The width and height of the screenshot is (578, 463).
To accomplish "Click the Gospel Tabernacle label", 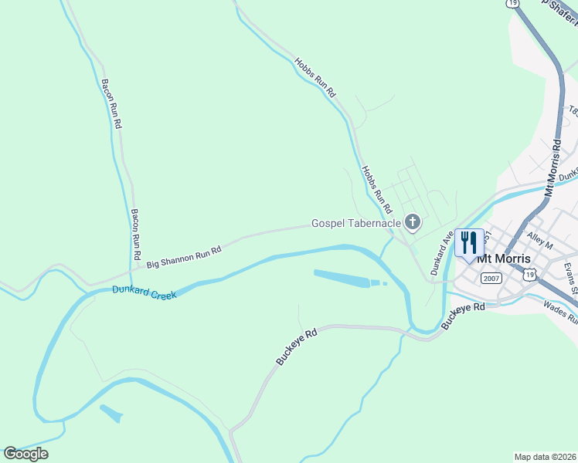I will click(356, 224).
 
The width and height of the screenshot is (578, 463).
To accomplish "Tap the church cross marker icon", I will click(413, 224).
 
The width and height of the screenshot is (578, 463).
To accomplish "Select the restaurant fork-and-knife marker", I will click(469, 243).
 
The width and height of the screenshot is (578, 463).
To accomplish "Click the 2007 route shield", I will click(491, 278).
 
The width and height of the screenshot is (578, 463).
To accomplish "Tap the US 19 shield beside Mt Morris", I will click(529, 274).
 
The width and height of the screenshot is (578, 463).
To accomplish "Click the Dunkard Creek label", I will click(144, 292).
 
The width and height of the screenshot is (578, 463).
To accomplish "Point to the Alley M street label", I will click(539, 240).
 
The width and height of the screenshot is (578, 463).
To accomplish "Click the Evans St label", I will click(570, 278).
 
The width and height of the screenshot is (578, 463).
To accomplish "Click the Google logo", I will click(25, 454).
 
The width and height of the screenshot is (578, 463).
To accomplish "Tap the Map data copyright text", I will click(545, 457).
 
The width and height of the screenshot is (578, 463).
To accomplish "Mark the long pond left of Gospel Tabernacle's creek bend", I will click(344, 279).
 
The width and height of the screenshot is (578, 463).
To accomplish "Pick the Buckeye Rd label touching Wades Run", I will click(464, 316).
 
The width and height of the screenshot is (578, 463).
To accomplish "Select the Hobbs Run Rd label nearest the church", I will click(377, 189).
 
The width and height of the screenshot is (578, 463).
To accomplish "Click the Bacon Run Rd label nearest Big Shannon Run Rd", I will click(136, 234).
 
